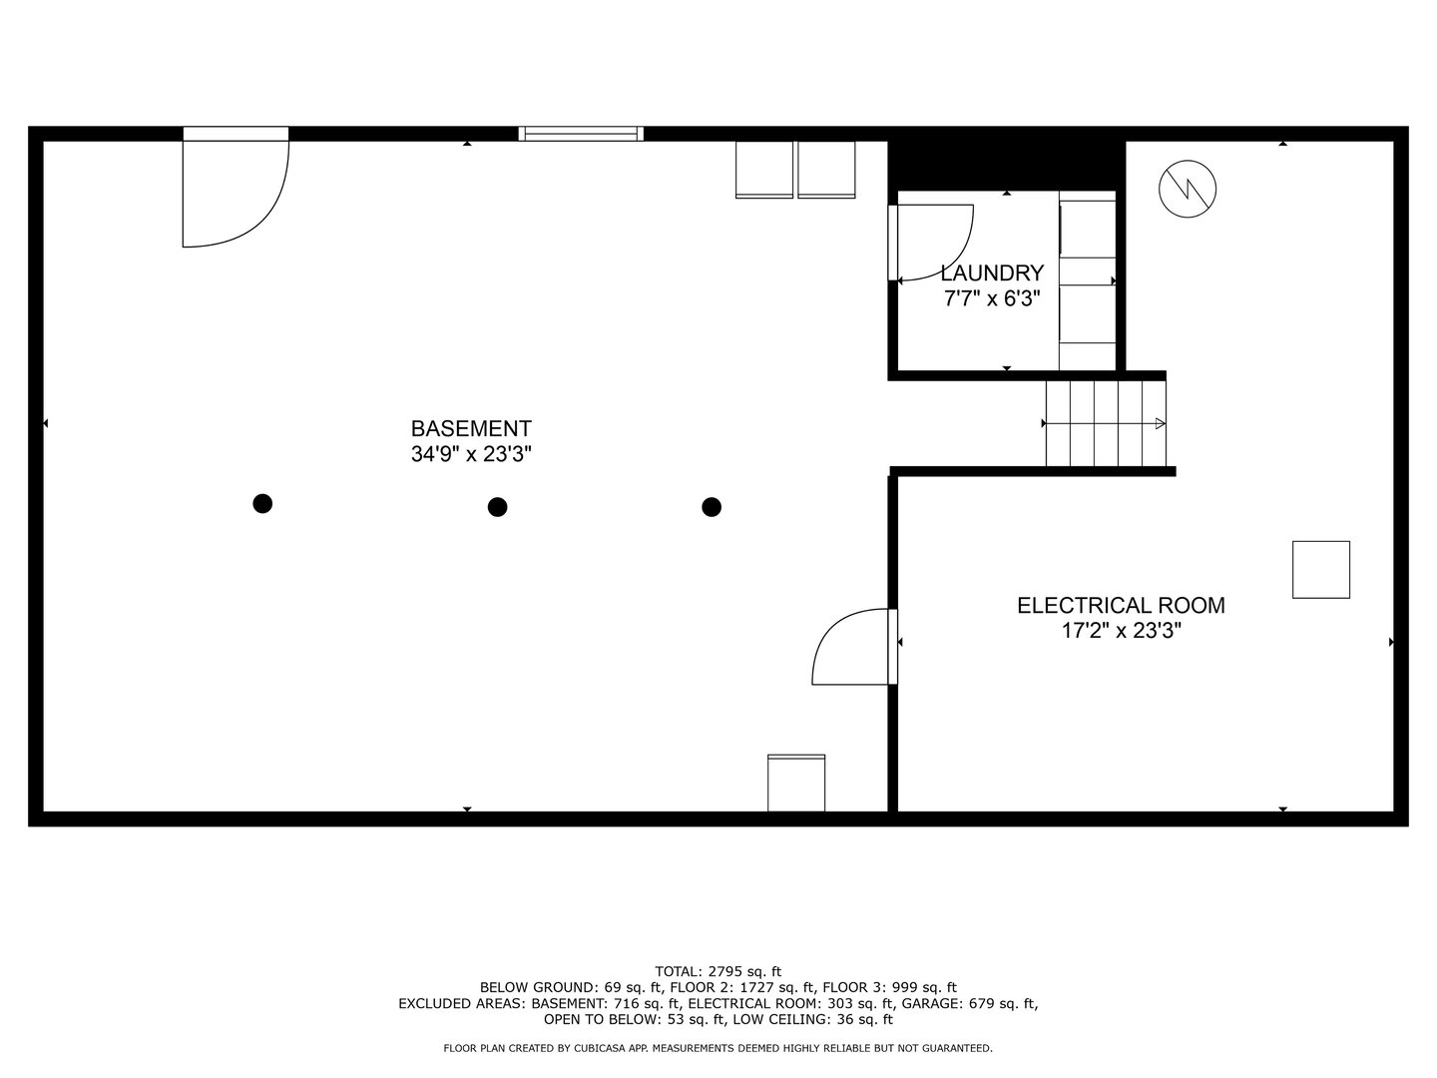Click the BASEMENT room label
pyautogui.click(x=471, y=428)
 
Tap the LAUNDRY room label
pyautogui.click(x=992, y=272)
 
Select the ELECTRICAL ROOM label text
pyautogui.click(x=1121, y=605)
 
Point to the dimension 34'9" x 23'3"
pyautogui.click(x=471, y=454)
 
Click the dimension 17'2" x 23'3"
pyautogui.click(x=1121, y=631)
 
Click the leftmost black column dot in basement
pyautogui.click(x=262, y=503)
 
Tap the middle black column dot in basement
pyautogui.click(x=497, y=507)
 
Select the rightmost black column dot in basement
pyautogui.click(x=712, y=507)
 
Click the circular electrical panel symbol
pyautogui.click(x=1188, y=188)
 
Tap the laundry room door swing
pyautogui.click(x=933, y=243)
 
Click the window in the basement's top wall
pyautogui.click(x=581, y=133)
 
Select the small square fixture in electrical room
pyautogui.click(x=1321, y=570)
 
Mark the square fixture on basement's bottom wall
pyautogui.click(x=796, y=783)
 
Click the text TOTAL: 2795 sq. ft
pyautogui.click(x=718, y=970)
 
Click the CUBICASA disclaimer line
pyautogui.click(x=718, y=1048)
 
